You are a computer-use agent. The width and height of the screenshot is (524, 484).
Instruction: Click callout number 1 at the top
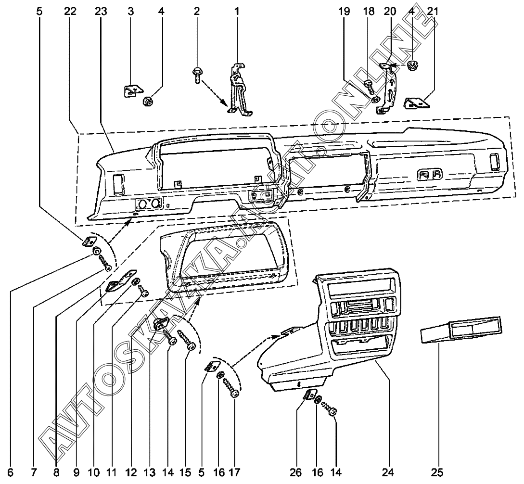click(237, 11)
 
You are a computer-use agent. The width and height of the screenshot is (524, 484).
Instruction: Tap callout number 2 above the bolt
click(197, 11)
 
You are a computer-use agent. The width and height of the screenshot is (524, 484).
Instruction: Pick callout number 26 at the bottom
click(297, 472)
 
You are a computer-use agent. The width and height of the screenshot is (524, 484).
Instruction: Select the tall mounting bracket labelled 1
click(239, 91)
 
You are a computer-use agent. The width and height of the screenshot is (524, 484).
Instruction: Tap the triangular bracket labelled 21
click(416, 102)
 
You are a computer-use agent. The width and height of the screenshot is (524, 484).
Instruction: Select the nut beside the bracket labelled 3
click(149, 101)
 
